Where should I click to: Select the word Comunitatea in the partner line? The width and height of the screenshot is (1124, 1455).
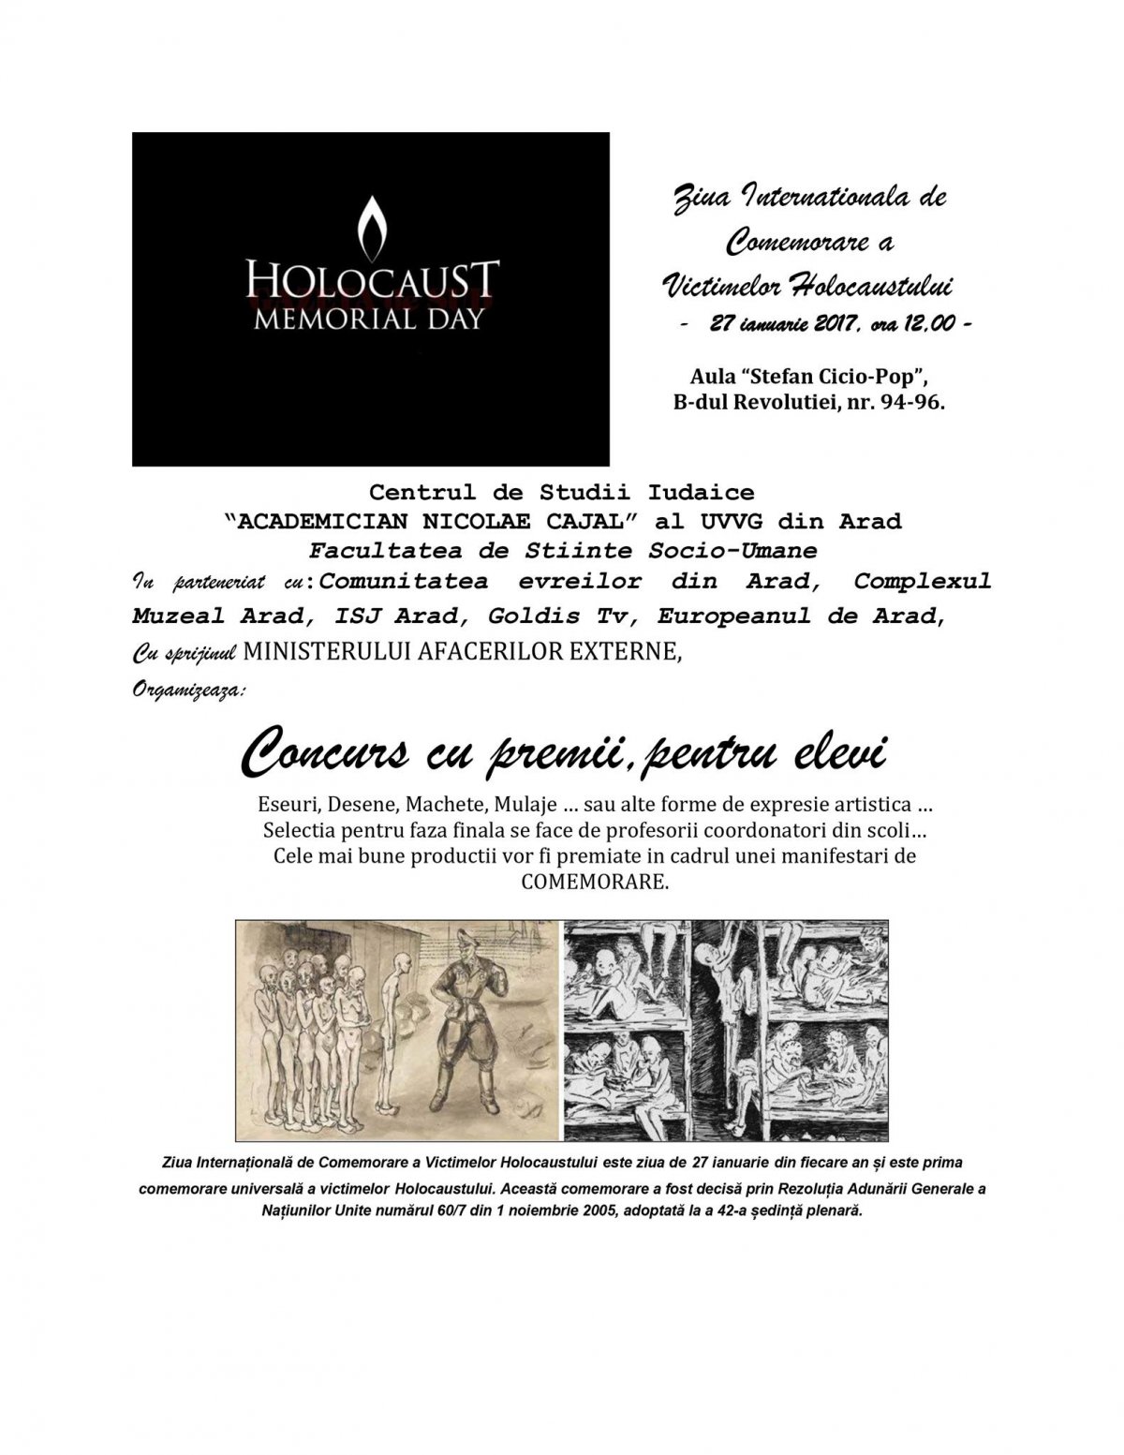(404, 582)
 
